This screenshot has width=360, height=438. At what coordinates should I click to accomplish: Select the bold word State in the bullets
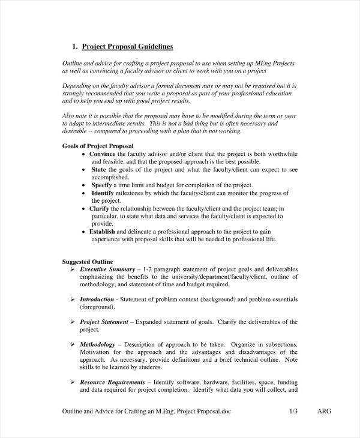pyautogui.click(x=98, y=170)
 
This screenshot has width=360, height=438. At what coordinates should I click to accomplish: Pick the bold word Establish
pyautogui.click(x=106, y=231)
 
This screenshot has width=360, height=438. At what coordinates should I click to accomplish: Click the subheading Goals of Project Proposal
pyautogui.click(x=98, y=146)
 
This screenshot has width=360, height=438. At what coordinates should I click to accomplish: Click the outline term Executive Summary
pyautogui.click(x=107, y=270)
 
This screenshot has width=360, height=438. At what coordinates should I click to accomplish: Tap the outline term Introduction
pyautogui.click(x=97, y=299)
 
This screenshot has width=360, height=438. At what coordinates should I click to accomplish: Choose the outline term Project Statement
pyautogui.click(x=103, y=322)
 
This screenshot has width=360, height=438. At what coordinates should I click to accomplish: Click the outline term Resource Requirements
pyautogui.click(x=113, y=382)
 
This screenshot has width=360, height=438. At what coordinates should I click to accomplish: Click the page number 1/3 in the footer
pyautogui.click(x=293, y=412)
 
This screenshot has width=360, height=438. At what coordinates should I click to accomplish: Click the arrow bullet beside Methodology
pyautogui.click(x=74, y=344)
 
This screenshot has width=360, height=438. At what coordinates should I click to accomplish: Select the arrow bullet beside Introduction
pyautogui.click(x=74, y=299)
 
